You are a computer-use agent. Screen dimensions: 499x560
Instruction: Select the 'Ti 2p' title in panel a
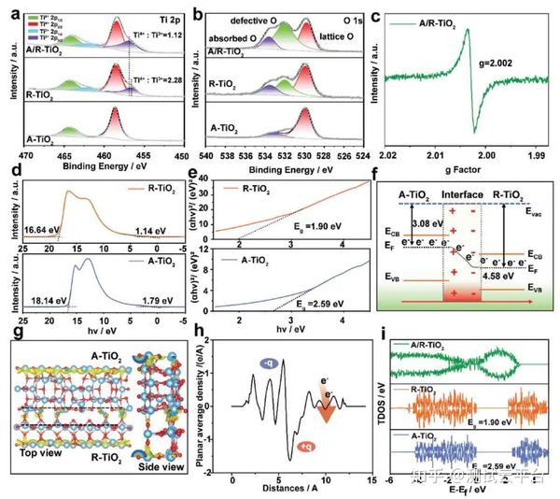coord(168,17)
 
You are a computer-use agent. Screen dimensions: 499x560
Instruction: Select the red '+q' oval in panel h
coord(307,449)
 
